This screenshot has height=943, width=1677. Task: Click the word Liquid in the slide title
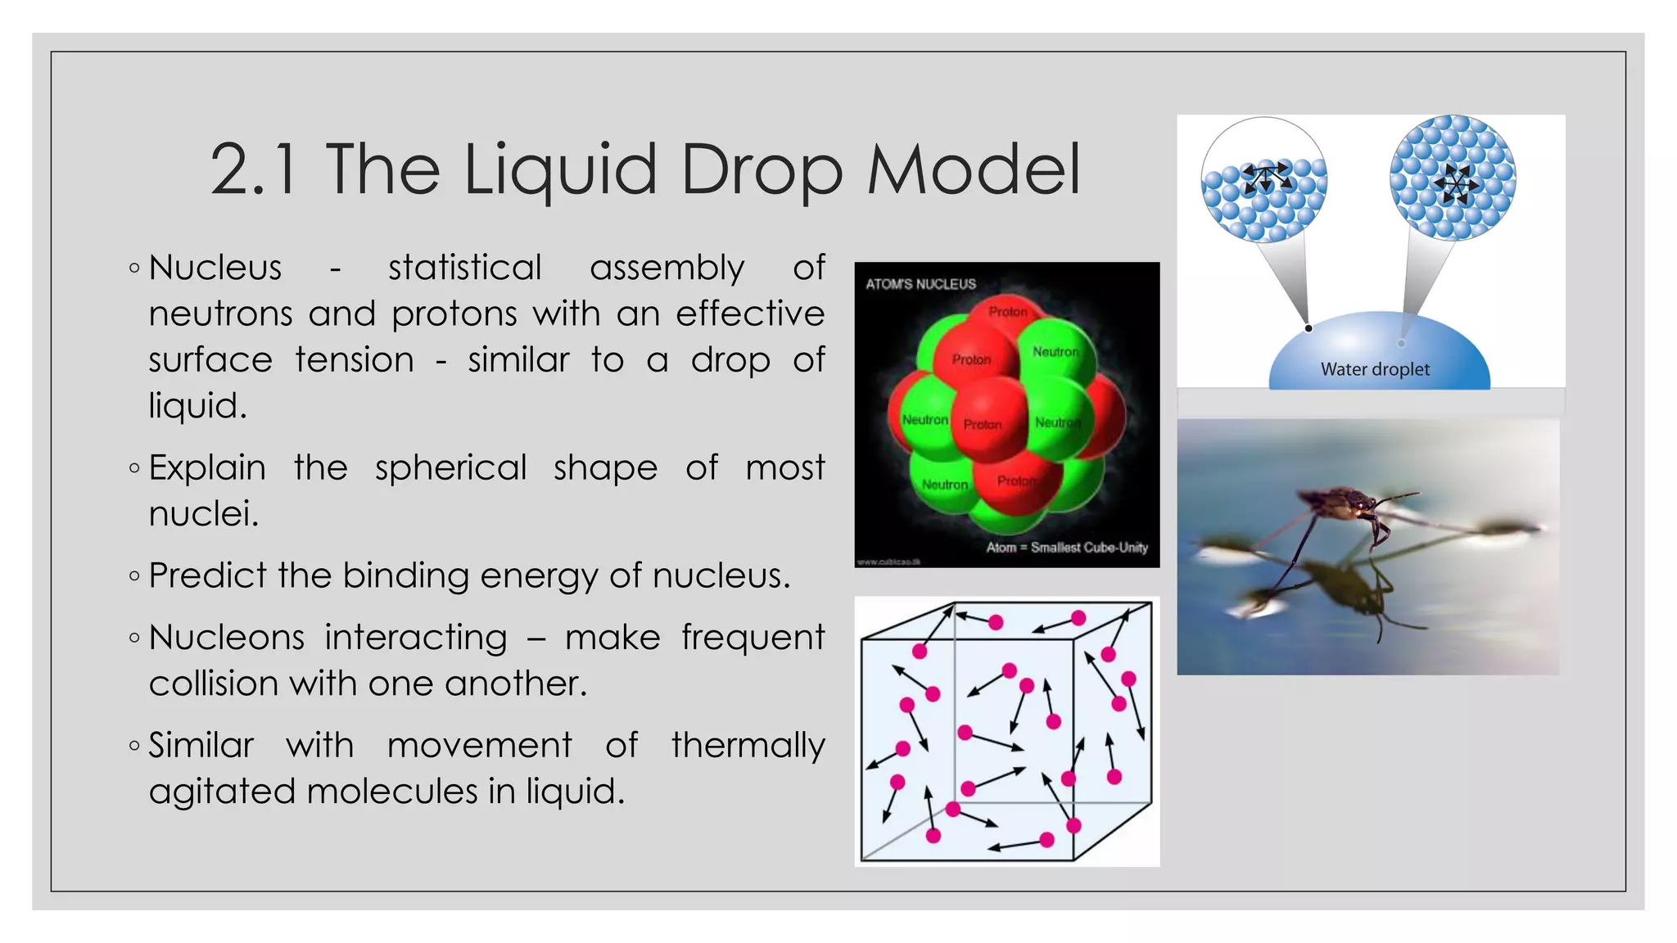click(x=560, y=170)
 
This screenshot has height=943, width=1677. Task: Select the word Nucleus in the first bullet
click(x=215, y=268)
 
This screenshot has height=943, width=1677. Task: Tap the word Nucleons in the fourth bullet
click(x=226, y=638)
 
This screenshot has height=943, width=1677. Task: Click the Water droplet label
click(x=1375, y=369)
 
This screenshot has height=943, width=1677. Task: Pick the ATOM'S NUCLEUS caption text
click(x=920, y=284)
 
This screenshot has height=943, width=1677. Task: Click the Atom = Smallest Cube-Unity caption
click(x=1066, y=547)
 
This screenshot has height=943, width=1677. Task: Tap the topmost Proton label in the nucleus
click(x=1007, y=312)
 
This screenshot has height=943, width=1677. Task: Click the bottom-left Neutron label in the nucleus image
click(x=944, y=485)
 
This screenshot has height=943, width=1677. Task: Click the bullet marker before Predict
click(x=135, y=576)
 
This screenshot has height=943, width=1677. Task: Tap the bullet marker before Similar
click(x=135, y=746)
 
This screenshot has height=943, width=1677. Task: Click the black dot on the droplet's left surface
click(x=1309, y=328)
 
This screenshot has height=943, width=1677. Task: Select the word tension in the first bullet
click(x=354, y=361)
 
